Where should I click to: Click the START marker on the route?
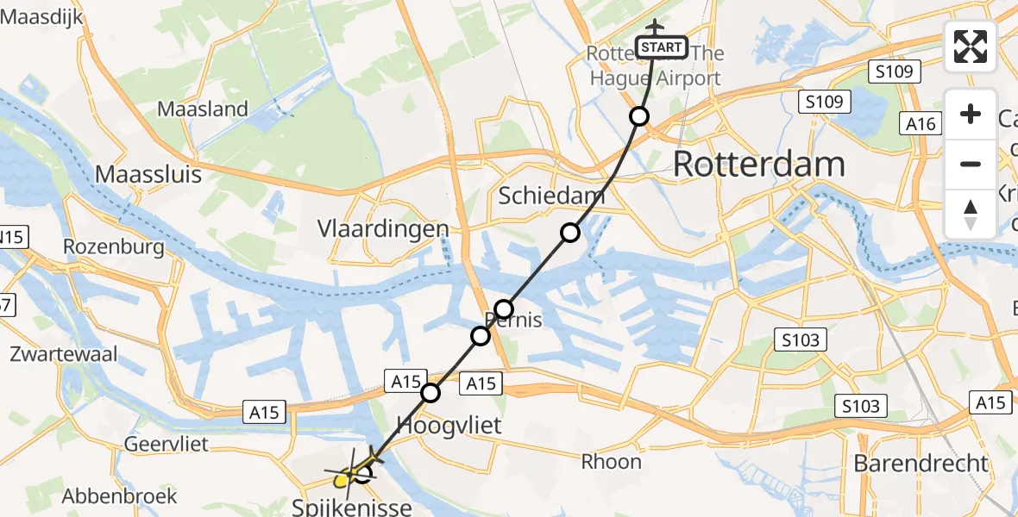tap(662, 47)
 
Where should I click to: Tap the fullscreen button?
tap(971, 47)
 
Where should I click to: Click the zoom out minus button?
tap(971, 164)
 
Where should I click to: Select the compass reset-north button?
tap(971, 214)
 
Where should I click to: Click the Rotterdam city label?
tap(758, 163)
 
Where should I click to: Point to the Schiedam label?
tap(551, 196)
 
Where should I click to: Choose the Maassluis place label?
tap(148, 174)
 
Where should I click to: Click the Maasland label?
tap(203, 109)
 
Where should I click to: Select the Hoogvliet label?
tap(449, 424)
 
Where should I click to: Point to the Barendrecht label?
tap(921, 463)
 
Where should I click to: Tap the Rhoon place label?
tap(611, 461)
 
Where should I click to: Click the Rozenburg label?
tap(114, 247)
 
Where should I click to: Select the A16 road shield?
tap(921, 124)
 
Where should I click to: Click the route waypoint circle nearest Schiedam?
tap(569, 232)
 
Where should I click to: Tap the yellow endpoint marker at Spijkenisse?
tap(342, 478)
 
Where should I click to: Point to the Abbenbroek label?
tap(120, 496)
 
